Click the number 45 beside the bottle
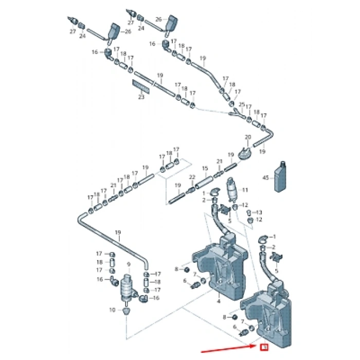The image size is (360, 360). click(265, 178)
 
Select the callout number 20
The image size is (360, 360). click(247, 137)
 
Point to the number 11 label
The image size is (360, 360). click(245, 190)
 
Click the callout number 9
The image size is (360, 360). click(128, 264)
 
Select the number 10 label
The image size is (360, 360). click(112, 310)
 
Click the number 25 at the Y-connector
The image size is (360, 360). click(242, 104)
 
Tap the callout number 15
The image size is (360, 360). click(204, 168)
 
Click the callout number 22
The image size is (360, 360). click(192, 177)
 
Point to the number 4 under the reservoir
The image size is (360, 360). click(219, 301)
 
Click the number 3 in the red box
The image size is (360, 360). click(264, 348)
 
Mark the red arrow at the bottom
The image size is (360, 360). click(226, 352)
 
